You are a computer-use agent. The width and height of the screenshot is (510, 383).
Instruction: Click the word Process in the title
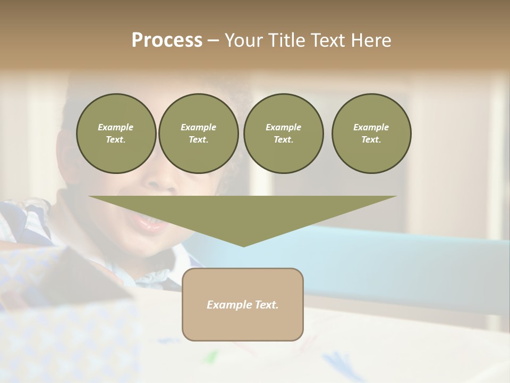167,40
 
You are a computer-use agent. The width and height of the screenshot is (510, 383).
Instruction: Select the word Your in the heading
244,40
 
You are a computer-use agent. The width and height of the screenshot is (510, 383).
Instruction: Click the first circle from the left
116,134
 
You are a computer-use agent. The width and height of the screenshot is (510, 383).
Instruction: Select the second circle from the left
198,134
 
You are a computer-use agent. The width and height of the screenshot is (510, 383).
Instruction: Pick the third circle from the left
283,134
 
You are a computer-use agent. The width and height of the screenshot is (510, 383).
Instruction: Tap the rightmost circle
371,134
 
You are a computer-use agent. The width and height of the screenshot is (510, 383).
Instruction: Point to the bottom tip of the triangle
243,246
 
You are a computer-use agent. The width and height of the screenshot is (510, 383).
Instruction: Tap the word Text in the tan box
266,305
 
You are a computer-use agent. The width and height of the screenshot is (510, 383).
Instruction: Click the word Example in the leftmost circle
116,127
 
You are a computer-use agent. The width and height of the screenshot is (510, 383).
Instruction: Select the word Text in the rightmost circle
371,140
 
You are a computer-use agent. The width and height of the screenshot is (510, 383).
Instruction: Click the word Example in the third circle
283,127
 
